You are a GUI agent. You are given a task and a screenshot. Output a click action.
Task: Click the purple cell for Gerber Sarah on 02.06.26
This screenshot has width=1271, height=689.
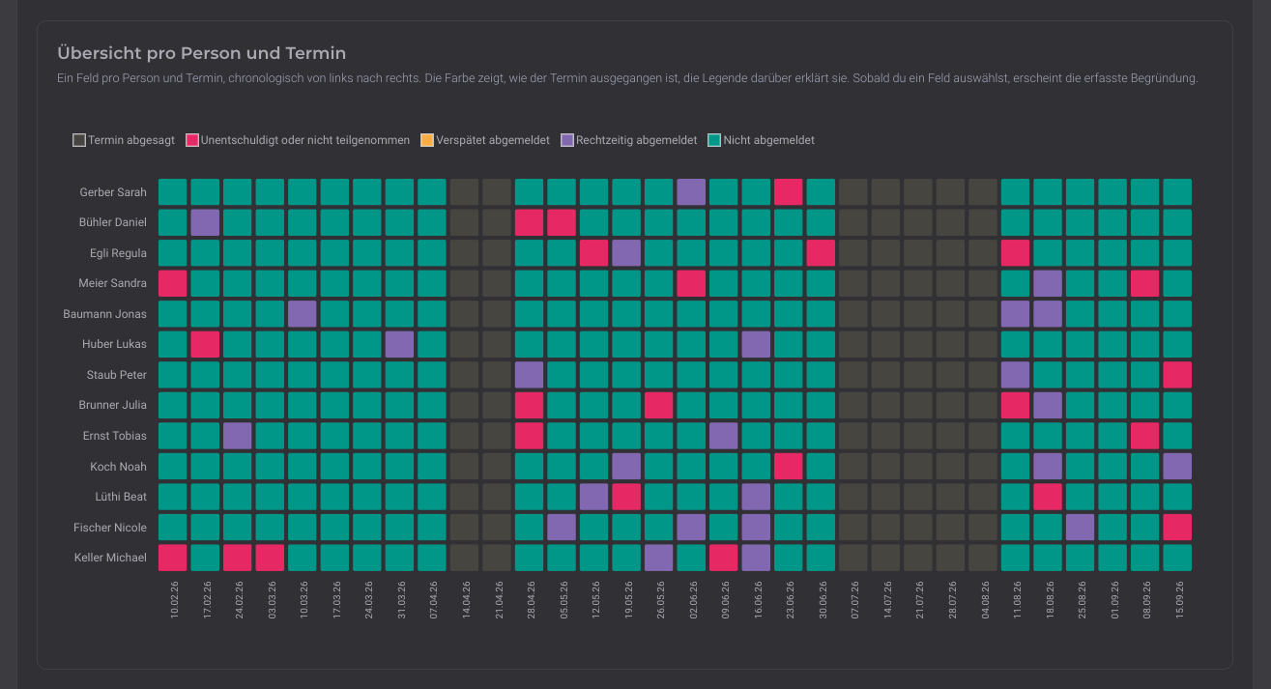[x=691, y=191]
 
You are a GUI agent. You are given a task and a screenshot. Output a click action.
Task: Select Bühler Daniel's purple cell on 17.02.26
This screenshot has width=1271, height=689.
[x=205, y=222]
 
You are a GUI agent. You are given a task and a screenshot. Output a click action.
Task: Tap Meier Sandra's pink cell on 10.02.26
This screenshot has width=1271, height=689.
[x=172, y=283]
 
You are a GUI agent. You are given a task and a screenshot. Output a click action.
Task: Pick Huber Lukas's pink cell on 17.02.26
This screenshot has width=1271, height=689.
[x=205, y=344]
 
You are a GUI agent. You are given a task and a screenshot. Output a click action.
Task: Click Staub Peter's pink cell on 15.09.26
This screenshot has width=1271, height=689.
[x=1177, y=375]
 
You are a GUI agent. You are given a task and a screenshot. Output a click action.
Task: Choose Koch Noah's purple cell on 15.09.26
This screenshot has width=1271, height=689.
[x=1177, y=466]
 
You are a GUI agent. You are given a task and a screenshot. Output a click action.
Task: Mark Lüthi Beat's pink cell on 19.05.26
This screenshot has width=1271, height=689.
[x=626, y=497]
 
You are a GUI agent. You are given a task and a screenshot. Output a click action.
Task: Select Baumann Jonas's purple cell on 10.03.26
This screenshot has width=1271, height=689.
[x=302, y=314]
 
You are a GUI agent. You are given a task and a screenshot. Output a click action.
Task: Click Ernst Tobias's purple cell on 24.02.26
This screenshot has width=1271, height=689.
[x=237, y=436]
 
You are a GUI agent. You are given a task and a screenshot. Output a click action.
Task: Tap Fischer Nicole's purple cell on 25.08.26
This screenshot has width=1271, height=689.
[x=1081, y=528]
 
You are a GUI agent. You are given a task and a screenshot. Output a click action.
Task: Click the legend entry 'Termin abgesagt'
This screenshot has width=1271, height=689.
[x=124, y=140]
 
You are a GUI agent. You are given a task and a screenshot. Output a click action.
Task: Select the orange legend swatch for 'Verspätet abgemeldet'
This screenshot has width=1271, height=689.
[x=426, y=140]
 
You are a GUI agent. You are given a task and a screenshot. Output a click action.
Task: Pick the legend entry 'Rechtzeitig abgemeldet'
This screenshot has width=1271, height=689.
[x=628, y=140]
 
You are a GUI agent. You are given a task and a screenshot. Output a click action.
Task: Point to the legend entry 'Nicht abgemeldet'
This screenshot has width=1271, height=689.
[x=761, y=140]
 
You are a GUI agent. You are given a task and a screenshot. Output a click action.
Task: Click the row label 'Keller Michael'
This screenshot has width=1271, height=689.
[x=110, y=558]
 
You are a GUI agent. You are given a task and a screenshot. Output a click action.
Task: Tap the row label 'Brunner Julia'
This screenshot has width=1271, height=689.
[x=112, y=405]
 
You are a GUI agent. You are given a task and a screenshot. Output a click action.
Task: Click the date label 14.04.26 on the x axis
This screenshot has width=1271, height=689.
[x=466, y=599]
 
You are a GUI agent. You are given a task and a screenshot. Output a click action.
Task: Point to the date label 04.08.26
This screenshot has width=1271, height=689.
[x=985, y=599]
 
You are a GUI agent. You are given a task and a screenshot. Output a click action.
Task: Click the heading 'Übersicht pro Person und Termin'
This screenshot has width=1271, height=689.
[x=201, y=53]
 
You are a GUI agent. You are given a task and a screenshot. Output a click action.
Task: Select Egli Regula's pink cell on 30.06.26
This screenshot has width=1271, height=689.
[x=821, y=253]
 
